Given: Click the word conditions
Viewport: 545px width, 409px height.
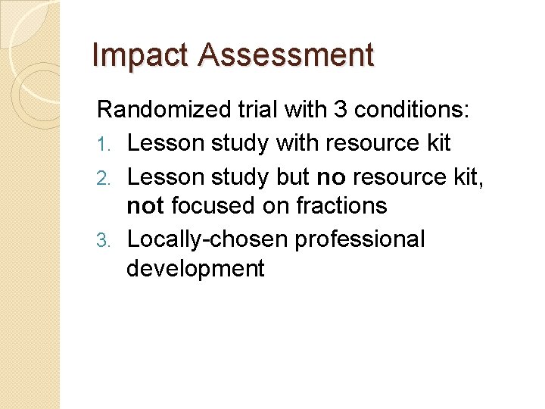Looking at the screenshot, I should [410, 111].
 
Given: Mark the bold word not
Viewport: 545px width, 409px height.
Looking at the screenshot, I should [145, 206].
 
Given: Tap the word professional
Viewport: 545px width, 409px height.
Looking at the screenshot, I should [360, 239].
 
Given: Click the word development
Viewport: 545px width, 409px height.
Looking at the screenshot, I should [195, 269].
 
